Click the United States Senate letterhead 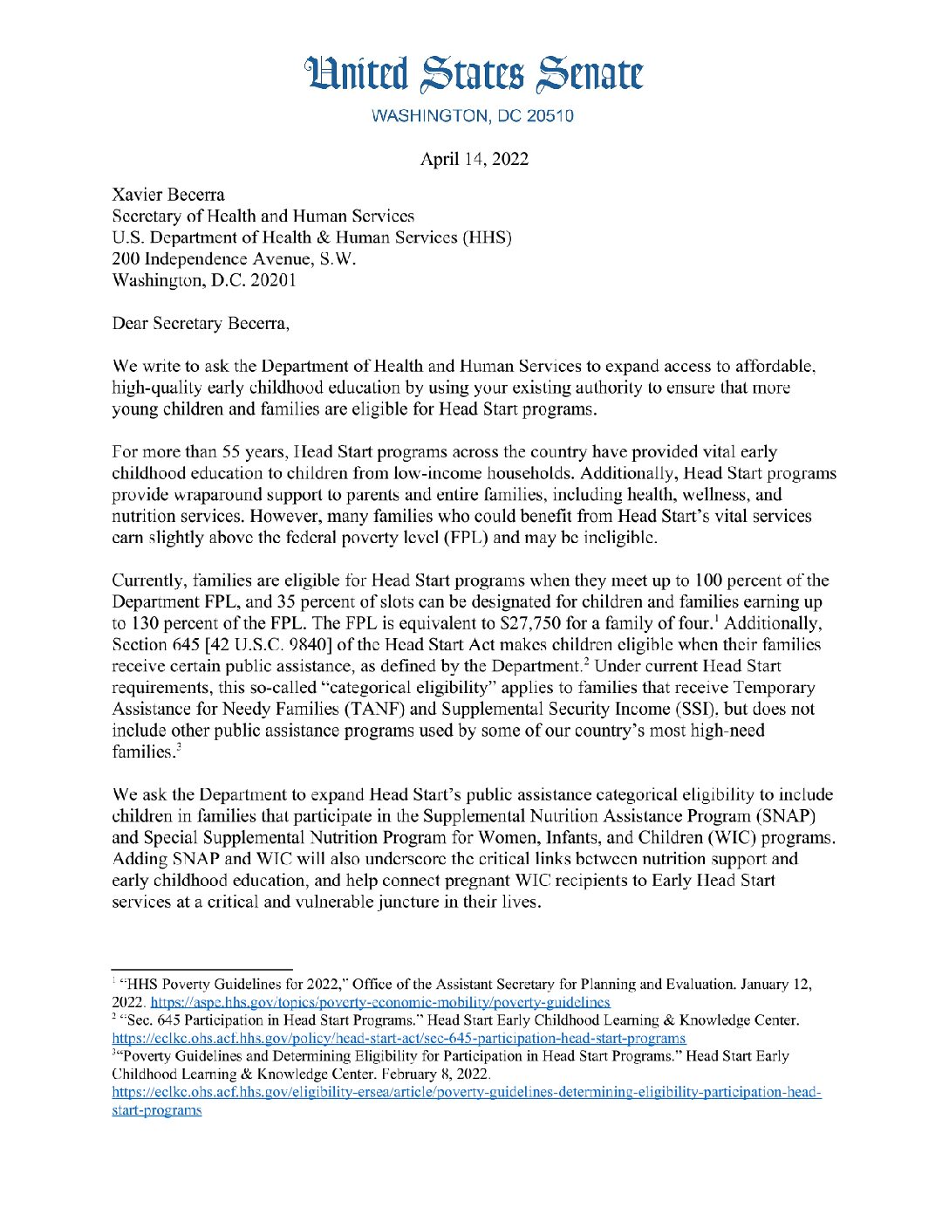(x=474, y=74)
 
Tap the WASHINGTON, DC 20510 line (x=473, y=116)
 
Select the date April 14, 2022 (x=474, y=159)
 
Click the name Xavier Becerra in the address (x=168, y=194)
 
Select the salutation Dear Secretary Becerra (x=201, y=323)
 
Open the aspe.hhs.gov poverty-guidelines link (x=380, y=1003)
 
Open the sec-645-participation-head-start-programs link (x=399, y=1039)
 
